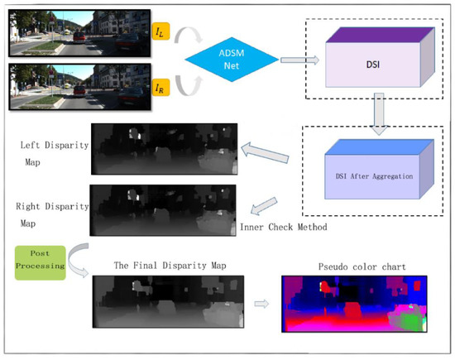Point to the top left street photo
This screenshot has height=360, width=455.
point(78,33)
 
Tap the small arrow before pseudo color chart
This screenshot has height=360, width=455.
point(261,305)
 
